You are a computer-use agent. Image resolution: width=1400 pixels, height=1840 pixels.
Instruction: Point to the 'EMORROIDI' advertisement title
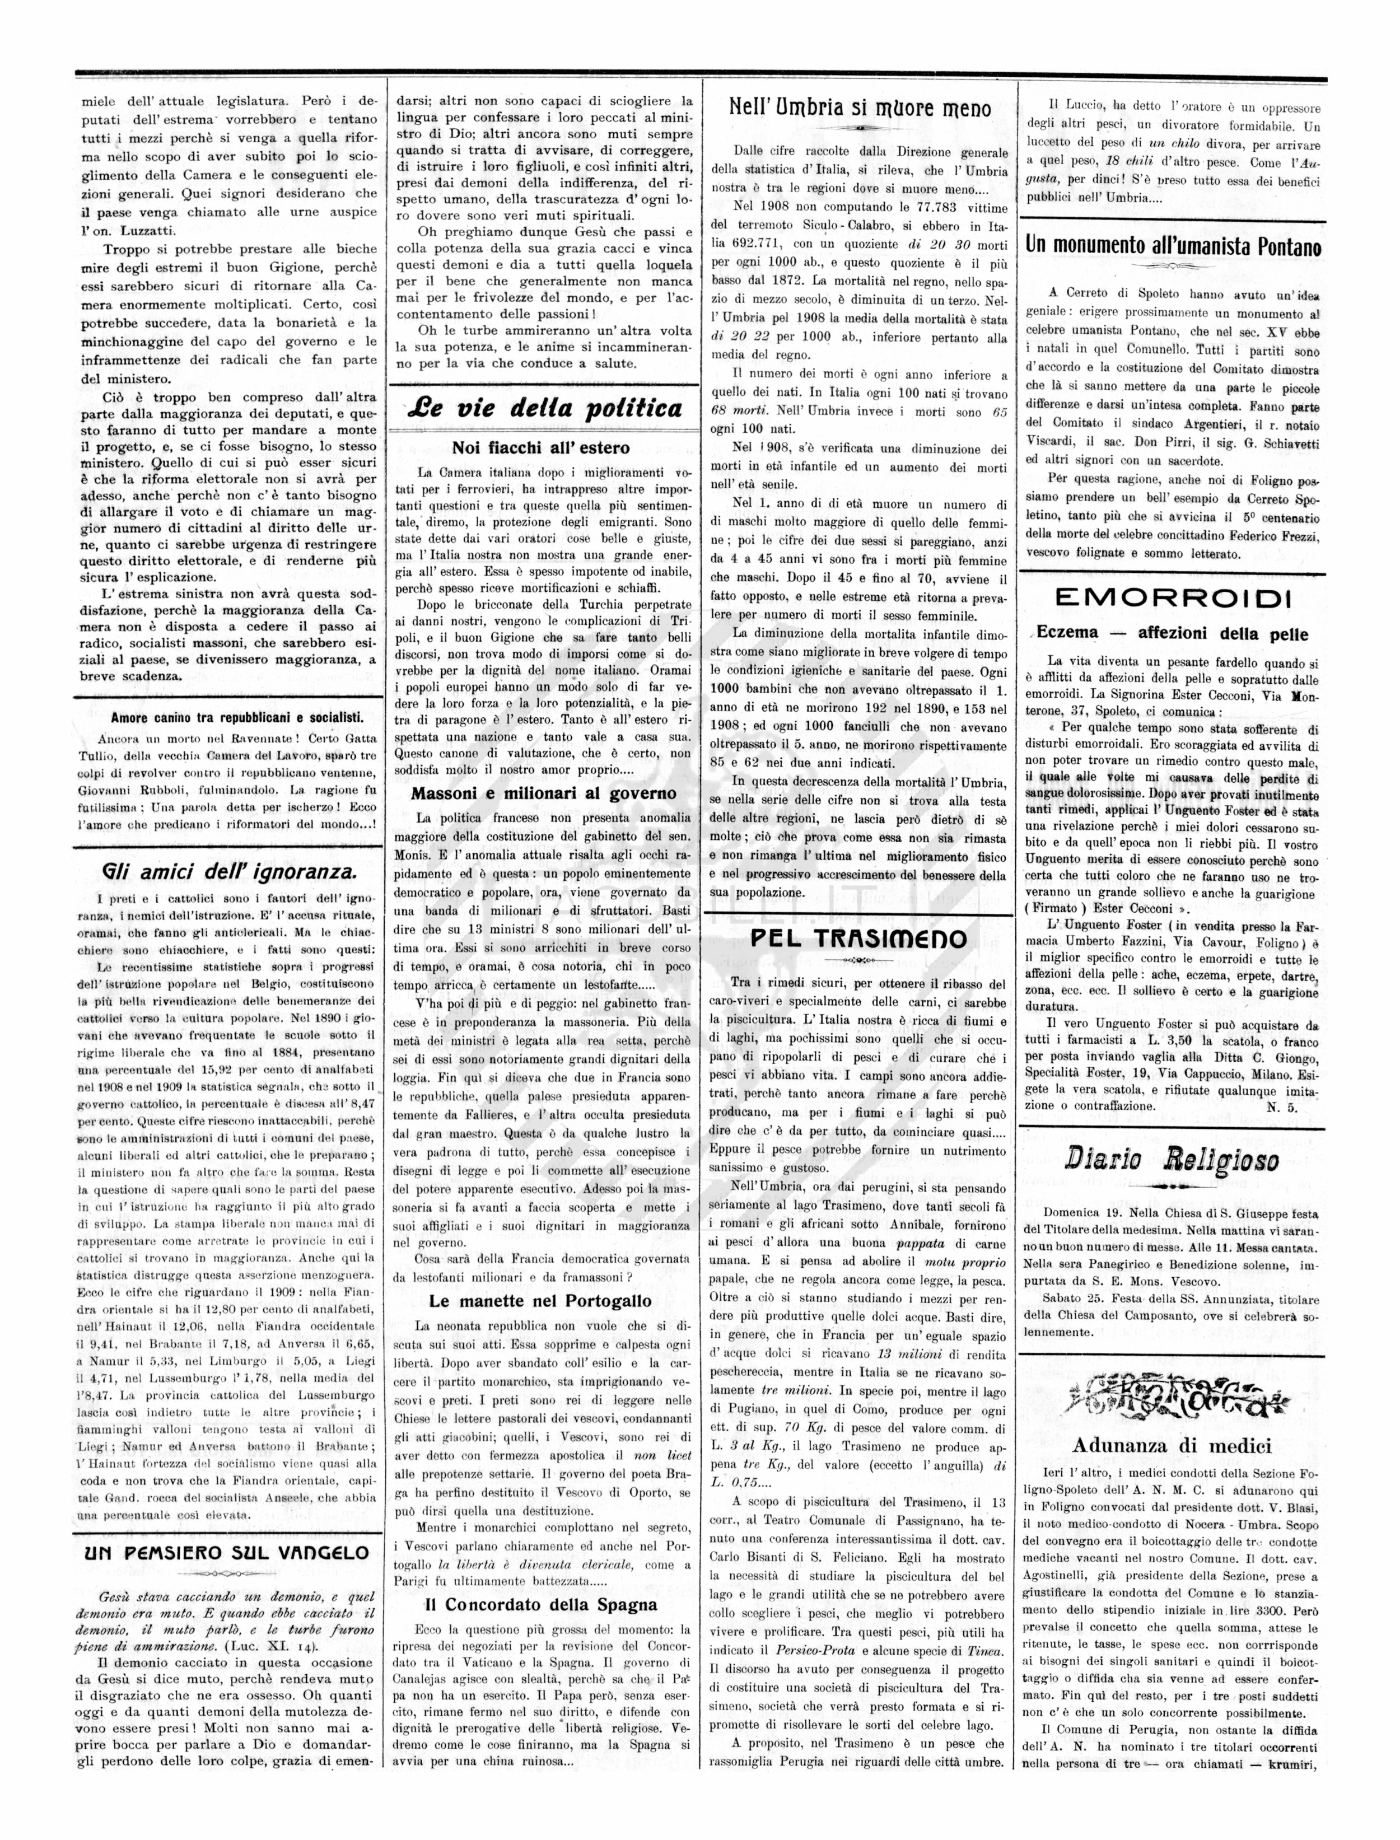click(1173, 599)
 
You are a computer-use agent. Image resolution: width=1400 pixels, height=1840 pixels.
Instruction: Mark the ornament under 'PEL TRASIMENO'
click(859, 960)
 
